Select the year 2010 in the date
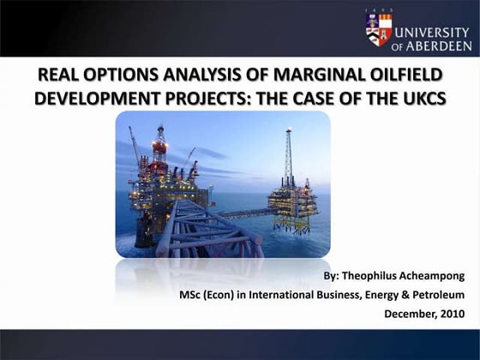click(453, 314)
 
